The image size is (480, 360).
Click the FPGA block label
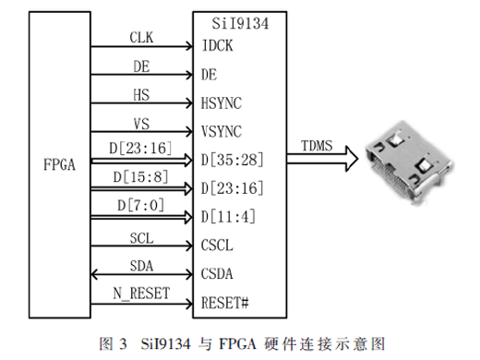59,164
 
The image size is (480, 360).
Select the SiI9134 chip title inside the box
240,24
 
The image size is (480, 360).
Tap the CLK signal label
141,38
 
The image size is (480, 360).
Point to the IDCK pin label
217,45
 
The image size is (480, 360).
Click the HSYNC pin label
222,103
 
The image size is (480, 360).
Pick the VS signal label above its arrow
141,124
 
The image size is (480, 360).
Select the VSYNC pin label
222,132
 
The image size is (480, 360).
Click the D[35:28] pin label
233,160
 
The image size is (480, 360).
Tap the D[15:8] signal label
141,177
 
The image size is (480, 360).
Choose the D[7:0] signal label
141,205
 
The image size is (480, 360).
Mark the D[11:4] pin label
228,217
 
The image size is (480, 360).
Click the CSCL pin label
217,246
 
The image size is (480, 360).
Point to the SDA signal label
141,266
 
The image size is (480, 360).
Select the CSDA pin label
217,274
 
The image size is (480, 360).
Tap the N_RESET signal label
141,294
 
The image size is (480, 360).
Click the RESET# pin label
224,303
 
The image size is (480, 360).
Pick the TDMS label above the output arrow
317,146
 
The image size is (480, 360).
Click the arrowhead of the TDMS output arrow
352,159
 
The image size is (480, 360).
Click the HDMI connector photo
409,162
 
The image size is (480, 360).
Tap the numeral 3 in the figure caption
123,343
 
